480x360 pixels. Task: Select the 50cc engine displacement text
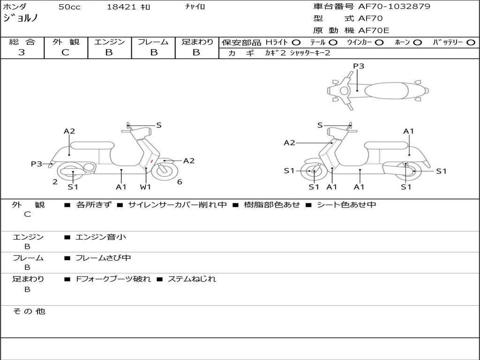68,7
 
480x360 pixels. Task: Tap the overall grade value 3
22,52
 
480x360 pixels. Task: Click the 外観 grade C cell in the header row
66,52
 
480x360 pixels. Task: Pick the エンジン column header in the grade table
109,42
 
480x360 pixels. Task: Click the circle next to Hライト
296,42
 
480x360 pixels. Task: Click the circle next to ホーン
418,42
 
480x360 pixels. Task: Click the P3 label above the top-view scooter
359,66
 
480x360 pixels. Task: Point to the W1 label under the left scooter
146,187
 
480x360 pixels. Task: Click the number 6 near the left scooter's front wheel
180,182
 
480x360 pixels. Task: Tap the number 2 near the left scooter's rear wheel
55,182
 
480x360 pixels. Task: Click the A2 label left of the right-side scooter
289,142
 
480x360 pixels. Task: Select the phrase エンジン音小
101,237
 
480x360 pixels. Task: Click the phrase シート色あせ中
346,204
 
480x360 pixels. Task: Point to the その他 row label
29,311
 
